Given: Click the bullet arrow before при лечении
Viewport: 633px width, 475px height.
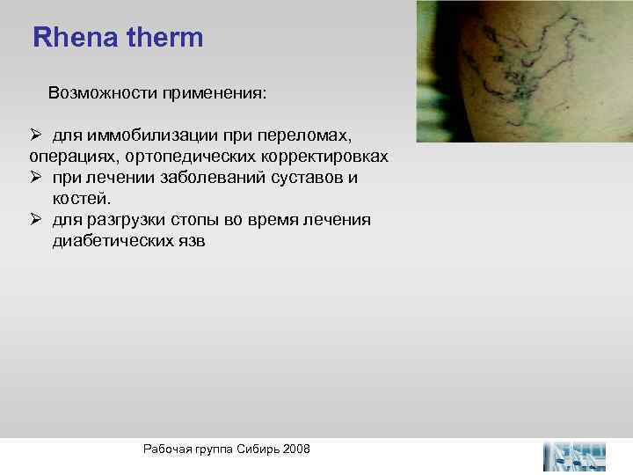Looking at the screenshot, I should pos(35,178).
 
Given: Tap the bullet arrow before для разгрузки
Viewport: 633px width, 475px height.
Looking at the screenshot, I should pos(35,220).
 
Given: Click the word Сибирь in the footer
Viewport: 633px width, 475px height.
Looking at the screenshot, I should pos(254,449).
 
